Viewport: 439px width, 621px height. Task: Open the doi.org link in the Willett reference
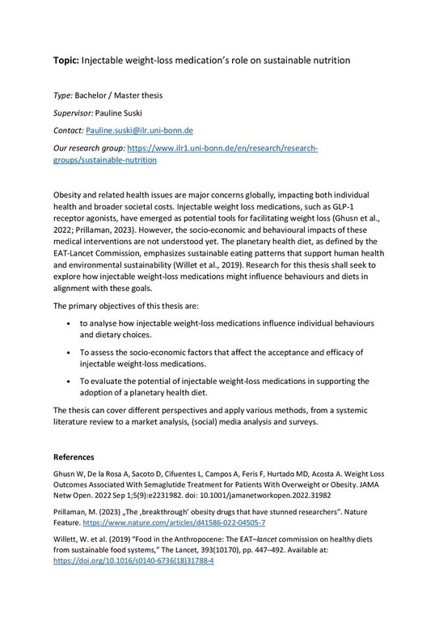(133, 560)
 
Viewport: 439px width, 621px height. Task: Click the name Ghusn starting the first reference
(65, 475)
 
